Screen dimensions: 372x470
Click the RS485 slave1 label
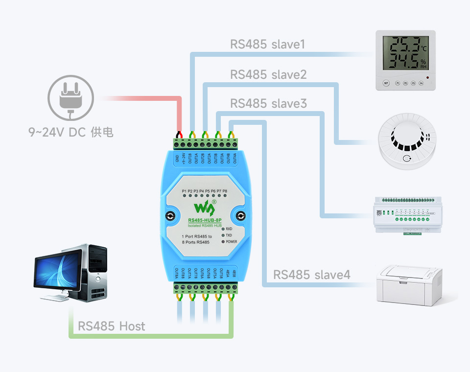267,45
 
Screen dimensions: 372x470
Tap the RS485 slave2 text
268,74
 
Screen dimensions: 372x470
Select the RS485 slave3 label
268,104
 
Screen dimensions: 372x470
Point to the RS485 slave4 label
312,275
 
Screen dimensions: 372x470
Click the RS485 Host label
112,326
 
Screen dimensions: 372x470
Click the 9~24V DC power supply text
70,132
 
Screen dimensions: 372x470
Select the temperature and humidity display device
405,60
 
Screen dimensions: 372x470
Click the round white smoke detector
407,142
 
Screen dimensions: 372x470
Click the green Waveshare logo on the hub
205,207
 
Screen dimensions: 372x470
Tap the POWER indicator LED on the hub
222,242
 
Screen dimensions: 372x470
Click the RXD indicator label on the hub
229,229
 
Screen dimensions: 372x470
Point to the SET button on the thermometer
386,83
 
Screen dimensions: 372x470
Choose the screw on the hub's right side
241,216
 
